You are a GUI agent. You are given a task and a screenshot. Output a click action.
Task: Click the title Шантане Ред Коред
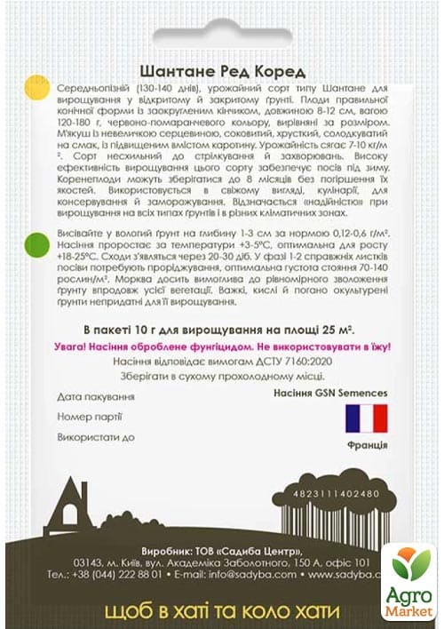(x=223, y=72)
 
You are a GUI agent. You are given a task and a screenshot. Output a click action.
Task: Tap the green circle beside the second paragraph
(x=36, y=243)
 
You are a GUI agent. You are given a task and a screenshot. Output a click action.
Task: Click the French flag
(x=366, y=418)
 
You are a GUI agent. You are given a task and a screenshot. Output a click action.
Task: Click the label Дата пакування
(x=95, y=394)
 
